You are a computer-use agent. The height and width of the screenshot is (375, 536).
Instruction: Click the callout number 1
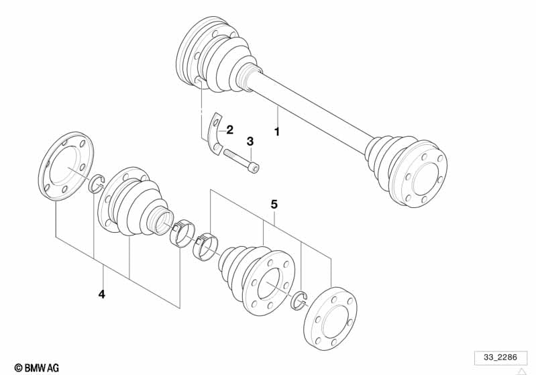tap(276, 131)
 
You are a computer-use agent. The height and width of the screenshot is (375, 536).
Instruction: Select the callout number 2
tap(229, 129)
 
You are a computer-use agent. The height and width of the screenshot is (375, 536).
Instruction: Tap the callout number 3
tap(250, 142)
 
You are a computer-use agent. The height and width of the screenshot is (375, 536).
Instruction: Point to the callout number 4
tap(101, 294)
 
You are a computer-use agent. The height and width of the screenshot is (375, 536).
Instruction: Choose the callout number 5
tap(274, 203)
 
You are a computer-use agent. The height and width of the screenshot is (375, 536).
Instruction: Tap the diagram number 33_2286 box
tap(496, 358)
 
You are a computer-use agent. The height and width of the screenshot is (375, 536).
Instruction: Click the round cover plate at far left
tap(66, 167)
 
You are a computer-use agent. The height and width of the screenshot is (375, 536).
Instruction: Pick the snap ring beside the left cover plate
tap(95, 182)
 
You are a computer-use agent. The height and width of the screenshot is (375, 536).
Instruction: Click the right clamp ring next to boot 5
tap(206, 245)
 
